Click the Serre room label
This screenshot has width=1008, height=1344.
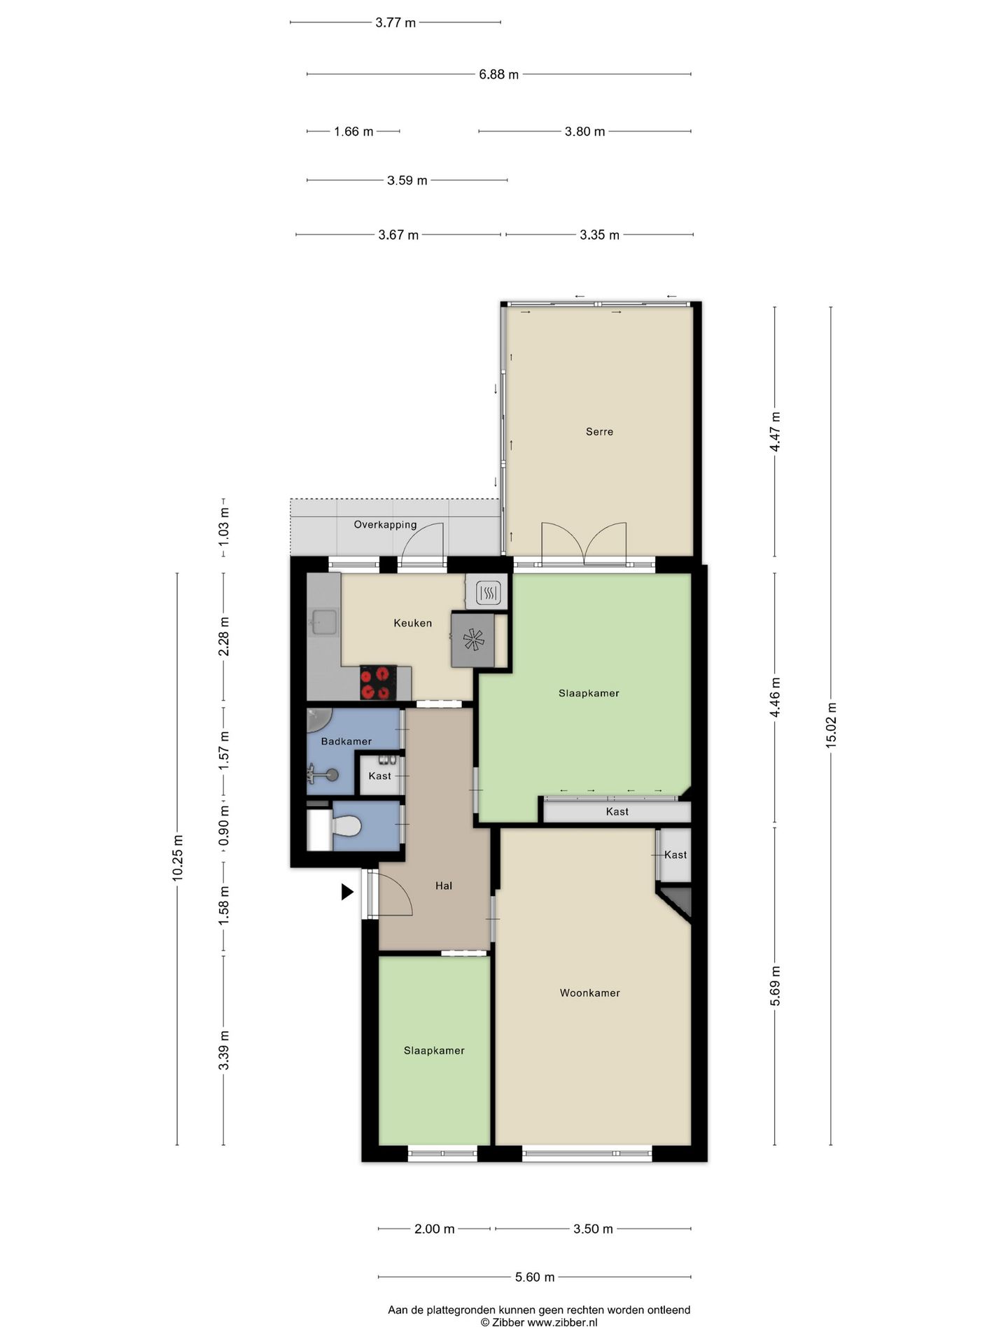click(x=599, y=432)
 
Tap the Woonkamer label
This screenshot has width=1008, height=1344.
click(x=589, y=993)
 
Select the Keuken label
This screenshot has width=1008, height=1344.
click(x=412, y=623)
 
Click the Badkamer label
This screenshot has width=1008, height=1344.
click(x=346, y=741)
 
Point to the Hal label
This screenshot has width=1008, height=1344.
click(x=443, y=885)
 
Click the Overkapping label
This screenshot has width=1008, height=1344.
click(x=385, y=524)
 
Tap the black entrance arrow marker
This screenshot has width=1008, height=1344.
click(x=346, y=891)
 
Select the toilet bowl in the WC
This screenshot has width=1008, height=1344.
click(x=346, y=826)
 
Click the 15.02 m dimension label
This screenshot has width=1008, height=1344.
click(x=831, y=724)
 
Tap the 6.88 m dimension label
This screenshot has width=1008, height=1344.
click(x=498, y=74)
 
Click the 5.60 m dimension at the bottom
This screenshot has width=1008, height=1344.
click(x=534, y=1277)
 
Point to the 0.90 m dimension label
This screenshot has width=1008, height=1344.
click(x=223, y=825)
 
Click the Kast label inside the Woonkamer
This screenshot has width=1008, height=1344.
click(x=675, y=855)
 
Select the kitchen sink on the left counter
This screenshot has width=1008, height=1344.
click(x=324, y=621)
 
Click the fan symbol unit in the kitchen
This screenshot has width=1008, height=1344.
click(x=473, y=640)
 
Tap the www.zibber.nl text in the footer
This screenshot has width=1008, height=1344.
click(x=562, y=1322)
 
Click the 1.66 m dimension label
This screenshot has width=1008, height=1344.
click(x=353, y=131)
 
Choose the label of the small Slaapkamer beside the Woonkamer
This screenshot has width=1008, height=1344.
click(x=434, y=1051)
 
